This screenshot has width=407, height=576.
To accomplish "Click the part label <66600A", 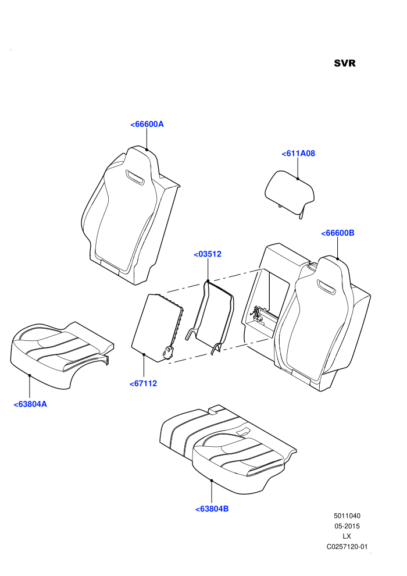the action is click(x=147, y=124).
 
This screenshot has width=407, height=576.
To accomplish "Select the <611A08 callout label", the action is click(x=298, y=154).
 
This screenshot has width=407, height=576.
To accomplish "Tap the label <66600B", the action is click(x=338, y=233).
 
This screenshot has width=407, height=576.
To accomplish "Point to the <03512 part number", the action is click(x=208, y=254).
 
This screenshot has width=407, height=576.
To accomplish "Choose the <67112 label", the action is click(x=143, y=383).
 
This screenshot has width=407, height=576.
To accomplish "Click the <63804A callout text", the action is click(x=30, y=404).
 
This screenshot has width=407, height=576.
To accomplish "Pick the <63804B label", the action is click(x=212, y=509).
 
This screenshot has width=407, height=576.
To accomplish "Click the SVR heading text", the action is click(x=345, y=63).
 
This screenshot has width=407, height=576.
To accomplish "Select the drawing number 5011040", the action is click(x=347, y=515).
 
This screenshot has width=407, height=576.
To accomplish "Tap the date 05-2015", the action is click(x=347, y=526).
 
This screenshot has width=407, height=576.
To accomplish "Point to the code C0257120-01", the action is click(x=347, y=546).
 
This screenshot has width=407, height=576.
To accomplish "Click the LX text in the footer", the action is click(x=347, y=536).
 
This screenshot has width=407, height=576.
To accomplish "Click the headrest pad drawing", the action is click(x=290, y=193).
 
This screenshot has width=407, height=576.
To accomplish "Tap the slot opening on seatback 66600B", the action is click(x=326, y=286).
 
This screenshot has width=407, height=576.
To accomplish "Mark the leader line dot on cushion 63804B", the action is click(x=212, y=480).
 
